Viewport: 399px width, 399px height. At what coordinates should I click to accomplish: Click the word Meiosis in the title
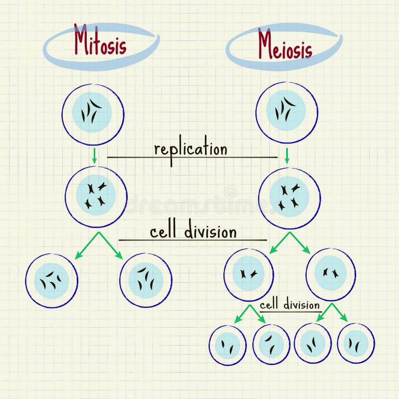(x=285, y=45)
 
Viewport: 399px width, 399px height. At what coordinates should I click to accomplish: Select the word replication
(x=191, y=149)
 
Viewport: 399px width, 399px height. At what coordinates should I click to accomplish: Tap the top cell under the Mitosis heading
(x=93, y=114)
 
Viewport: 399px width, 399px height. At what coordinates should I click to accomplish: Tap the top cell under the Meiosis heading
(x=287, y=113)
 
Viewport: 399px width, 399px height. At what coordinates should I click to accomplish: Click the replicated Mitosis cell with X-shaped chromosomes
(x=96, y=196)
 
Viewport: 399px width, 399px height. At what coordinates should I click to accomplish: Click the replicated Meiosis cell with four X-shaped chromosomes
(x=289, y=198)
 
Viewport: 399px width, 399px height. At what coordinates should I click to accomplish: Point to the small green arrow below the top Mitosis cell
(x=94, y=155)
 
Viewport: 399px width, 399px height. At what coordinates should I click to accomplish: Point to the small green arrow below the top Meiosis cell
(x=287, y=155)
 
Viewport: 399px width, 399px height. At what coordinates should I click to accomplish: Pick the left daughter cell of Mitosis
(x=51, y=281)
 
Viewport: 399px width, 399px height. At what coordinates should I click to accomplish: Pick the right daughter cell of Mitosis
(x=146, y=280)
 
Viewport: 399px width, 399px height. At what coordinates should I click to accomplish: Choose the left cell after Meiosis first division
(x=249, y=274)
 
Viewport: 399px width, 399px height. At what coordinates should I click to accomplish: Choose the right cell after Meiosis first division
(x=331, y=274)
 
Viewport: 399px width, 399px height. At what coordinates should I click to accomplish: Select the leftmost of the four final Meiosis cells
(x=228, y=345)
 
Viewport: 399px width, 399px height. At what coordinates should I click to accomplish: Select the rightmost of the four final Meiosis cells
(x=356, y=343)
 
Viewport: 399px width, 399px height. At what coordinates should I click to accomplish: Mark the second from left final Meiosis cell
(x=271, y=344)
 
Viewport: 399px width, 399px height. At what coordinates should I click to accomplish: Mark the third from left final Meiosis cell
(x=313, y=343)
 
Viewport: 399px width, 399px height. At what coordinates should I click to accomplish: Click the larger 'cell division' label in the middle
(x=193, y=232)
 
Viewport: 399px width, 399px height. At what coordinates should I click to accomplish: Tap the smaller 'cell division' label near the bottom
(x=289, y=305)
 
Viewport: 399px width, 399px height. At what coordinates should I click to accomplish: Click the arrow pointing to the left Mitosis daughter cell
(x=86, y=246)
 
